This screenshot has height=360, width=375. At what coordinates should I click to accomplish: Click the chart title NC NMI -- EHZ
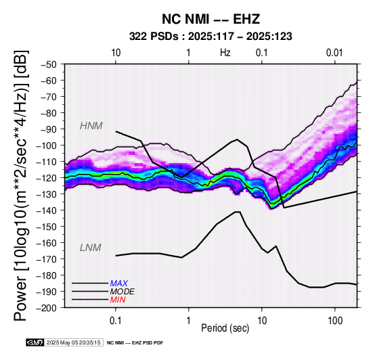point(211,19)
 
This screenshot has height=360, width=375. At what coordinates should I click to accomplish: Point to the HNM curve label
point(91,126)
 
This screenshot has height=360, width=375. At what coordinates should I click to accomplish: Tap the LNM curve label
point(91,248)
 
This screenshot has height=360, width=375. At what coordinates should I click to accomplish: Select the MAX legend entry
point(119,284)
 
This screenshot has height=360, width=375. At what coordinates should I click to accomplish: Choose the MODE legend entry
point(123,292)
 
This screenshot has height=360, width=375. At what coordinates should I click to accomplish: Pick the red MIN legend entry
point(118,300)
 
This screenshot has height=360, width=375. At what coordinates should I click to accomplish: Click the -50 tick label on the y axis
point(49,64)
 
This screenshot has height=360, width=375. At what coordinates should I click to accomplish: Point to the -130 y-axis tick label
point(47,194)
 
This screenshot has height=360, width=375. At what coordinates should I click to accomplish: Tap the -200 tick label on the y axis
point(47,308)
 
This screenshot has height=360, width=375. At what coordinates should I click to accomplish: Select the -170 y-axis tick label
point(47,259)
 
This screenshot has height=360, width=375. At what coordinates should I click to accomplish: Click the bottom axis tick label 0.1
point(116,320)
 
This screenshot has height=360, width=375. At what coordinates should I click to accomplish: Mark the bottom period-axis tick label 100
point(335,320)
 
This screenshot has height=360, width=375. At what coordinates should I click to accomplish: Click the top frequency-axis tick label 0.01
point(334,53)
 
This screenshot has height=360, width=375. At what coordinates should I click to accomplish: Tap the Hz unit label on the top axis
point(225,53)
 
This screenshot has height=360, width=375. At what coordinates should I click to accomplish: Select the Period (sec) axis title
point(225,328)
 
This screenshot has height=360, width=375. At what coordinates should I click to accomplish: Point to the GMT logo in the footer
point(35,342)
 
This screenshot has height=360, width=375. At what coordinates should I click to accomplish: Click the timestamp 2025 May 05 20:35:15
point(73,342)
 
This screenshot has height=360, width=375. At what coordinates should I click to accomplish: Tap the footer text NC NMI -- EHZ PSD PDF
point(135,343)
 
